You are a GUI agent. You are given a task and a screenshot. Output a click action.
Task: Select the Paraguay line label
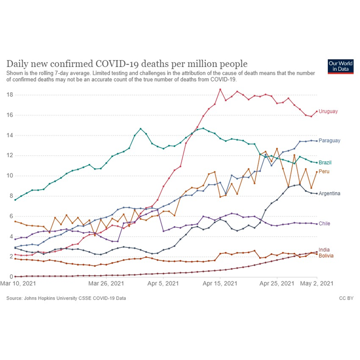point(329,141)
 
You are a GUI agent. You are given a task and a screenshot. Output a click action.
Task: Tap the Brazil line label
point(325,163)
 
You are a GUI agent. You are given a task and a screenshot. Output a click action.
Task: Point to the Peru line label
point(324,171)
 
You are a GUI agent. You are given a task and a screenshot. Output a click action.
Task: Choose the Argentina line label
point(330,194)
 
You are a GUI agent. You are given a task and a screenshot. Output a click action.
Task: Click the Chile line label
point(324,224)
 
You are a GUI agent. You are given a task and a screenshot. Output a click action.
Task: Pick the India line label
point(324,250)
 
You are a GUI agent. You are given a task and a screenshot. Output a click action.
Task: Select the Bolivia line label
point(326,256)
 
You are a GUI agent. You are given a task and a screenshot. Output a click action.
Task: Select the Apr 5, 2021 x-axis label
point(158,284)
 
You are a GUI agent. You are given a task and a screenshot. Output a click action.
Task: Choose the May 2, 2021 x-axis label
point(316,284)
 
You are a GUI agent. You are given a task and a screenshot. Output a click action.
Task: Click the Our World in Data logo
point(340,66)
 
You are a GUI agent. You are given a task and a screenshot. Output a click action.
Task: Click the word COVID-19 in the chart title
point(120,64)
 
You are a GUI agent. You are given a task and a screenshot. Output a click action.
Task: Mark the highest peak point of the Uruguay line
point(220,89)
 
